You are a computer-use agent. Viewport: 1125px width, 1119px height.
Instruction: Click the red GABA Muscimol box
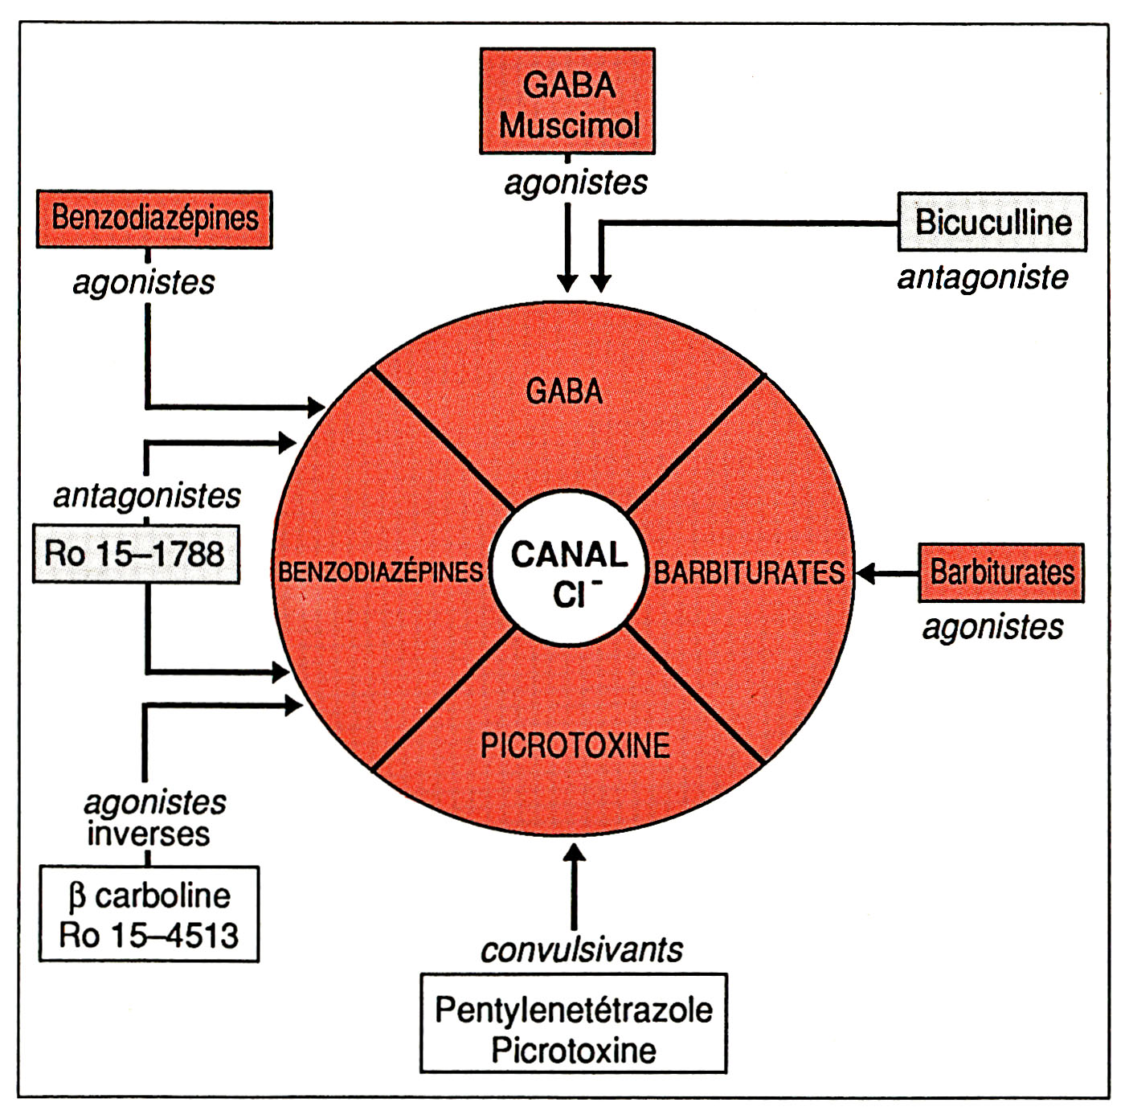pyautogui.click(x=567, y=101)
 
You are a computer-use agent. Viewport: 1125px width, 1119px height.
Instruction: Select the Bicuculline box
pyautogui.click(x=992, y=223)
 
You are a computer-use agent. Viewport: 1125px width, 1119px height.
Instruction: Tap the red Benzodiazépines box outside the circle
pyautogui.click(x=154, y=219)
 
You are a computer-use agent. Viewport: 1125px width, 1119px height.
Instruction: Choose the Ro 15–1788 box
pyautogui.click(x=136, y=554)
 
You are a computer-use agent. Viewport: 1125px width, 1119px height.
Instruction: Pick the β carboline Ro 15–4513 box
pyautogui.click(x=149, y=914)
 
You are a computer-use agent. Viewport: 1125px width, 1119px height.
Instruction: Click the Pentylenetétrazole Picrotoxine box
pyautogui.click(x=574, y=1023)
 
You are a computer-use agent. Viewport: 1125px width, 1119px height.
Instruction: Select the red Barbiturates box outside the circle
pyautogui.click(x=1001, y=573)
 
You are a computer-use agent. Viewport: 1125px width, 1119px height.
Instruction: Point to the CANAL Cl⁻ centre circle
pyautogui.click(x=569, y=572)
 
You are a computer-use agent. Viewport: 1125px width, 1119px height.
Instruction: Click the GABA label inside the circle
pyautogui.click(x=564, y=391)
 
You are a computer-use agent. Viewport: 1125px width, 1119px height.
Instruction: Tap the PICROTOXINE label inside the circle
pyautogui.click(x=575, y=745)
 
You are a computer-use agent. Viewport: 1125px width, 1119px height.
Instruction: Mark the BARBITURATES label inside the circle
pyautogui.click(x=749, y=573)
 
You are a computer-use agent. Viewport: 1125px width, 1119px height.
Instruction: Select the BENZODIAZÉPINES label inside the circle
pyautogui.click(x=381, y=572)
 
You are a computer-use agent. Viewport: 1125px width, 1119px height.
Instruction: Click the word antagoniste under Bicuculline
pyautogui.click(x=982, y=277)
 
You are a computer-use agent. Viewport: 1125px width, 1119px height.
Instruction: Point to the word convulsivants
pyautogui.click(x=581, y=950)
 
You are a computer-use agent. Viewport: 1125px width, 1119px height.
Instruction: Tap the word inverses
pyautogui.click(x=148, y=834)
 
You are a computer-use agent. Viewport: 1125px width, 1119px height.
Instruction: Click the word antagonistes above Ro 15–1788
pyautogui.click(x=147, y=496)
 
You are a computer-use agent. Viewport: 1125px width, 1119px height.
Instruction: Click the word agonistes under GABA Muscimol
pyautogui.click(x=575, y=183)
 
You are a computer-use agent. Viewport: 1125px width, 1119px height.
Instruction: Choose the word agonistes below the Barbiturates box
pyautogui.click(x=992, y=627)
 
